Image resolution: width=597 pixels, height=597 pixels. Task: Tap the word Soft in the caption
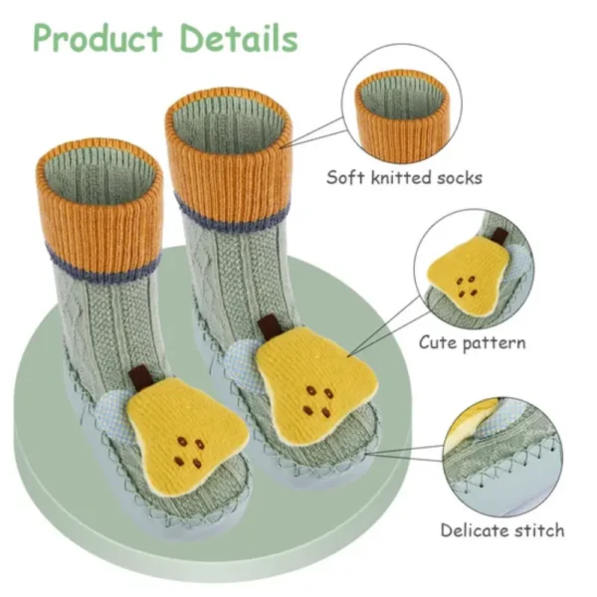coord(346,178)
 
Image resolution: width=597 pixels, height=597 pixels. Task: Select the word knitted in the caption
coord(399,178)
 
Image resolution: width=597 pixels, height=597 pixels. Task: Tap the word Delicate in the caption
coord(474,529)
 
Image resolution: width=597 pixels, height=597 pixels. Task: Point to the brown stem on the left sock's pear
coord(141,379)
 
